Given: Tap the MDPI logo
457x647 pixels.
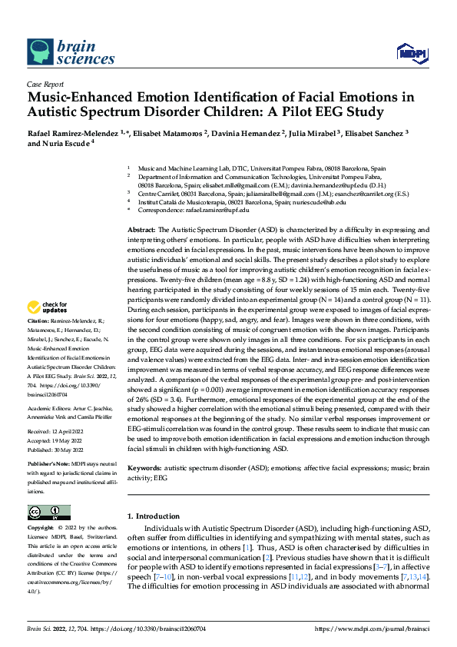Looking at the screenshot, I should pyautogui.click(x=409, y=52).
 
